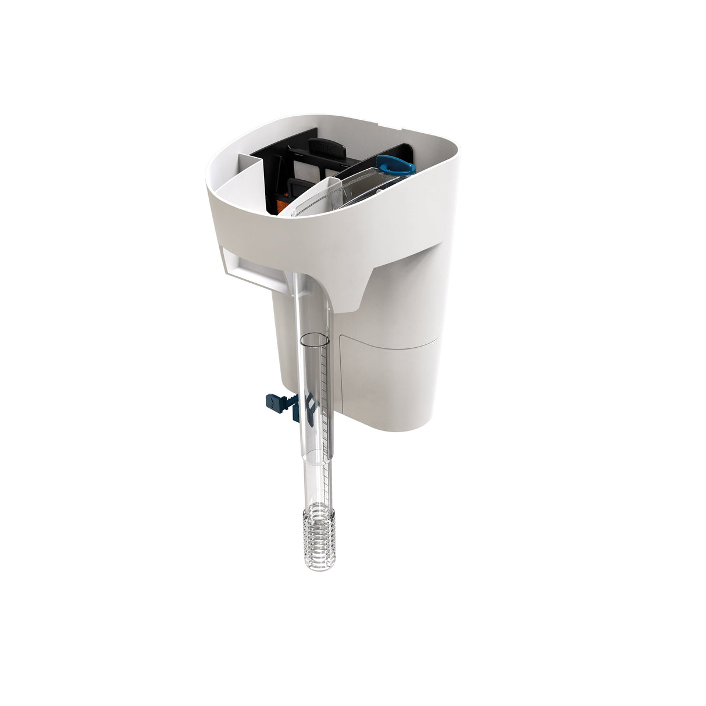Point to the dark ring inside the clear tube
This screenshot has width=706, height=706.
click(x=315, y=338)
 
